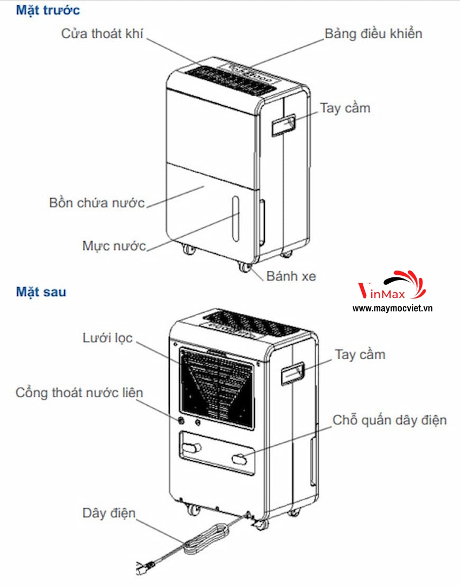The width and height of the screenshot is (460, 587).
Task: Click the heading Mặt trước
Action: click(48, 10)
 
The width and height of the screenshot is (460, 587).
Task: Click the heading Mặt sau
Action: click(41, 291)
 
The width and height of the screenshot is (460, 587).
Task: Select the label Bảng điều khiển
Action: click(373, 34)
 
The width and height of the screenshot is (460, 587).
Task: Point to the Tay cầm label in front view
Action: click(345, 108)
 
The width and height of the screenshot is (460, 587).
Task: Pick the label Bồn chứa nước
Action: click(97, 203)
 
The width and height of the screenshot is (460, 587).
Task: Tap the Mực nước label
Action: click(114, 246)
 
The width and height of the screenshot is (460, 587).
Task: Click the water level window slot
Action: click(235, 218)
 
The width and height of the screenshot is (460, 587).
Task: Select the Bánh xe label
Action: click(291, 275)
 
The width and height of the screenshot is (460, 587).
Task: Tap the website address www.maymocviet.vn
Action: click(392, 308)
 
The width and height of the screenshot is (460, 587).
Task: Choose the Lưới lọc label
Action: click(107, 338)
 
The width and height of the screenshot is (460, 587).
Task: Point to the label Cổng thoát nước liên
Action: click(79, 393)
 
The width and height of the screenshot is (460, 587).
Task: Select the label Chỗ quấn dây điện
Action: click(390, 420)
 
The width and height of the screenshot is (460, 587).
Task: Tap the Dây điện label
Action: click(108, 513)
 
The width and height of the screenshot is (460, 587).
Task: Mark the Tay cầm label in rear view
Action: click(360, 354)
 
